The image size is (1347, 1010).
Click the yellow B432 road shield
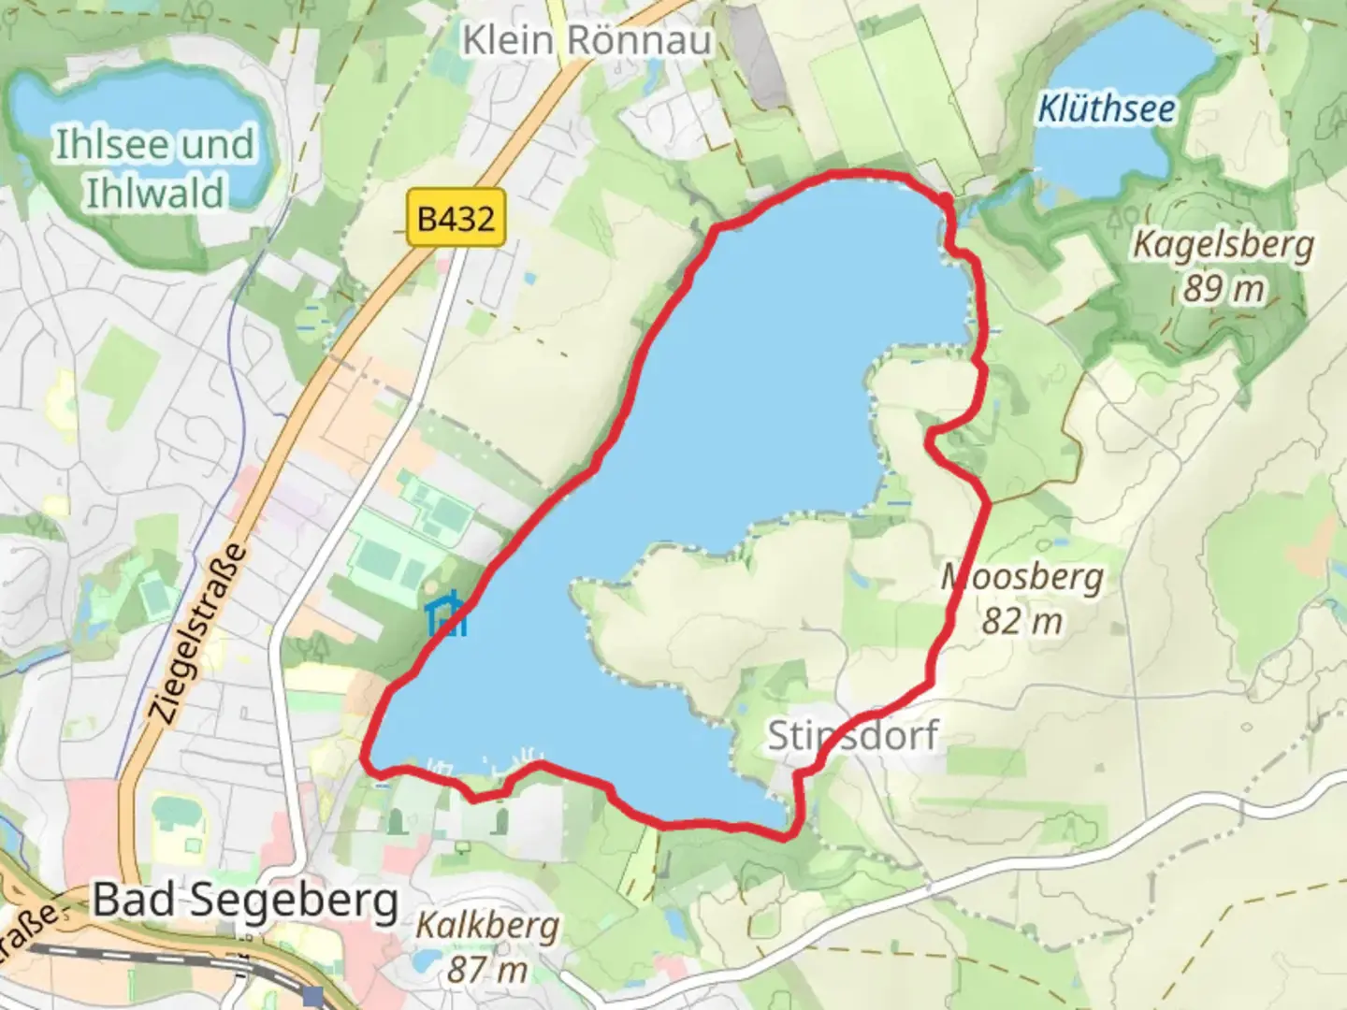coord(456,220)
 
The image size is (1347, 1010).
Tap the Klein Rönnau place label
coord(587,40)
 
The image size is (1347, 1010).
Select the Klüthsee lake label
coord(1107,109)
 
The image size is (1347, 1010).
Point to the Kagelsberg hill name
coord(1224,245)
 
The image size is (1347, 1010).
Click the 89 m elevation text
coord(1224,288)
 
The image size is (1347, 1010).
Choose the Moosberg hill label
coord(1022,578)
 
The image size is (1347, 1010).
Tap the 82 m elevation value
coord(1022,621)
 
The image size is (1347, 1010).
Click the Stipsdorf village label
coord(852,736)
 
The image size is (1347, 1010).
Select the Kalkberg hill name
coord(487,927)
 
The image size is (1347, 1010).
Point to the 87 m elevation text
coord(487,969)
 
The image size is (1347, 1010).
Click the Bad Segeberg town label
coord(246,901)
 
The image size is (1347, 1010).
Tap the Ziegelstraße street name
coord(199,634)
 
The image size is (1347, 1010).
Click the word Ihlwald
coord(155,192)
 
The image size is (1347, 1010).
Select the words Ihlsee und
coord(155,145)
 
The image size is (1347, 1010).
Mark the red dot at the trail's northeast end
coord(946,200)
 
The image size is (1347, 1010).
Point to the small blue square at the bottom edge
coord(313,996)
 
